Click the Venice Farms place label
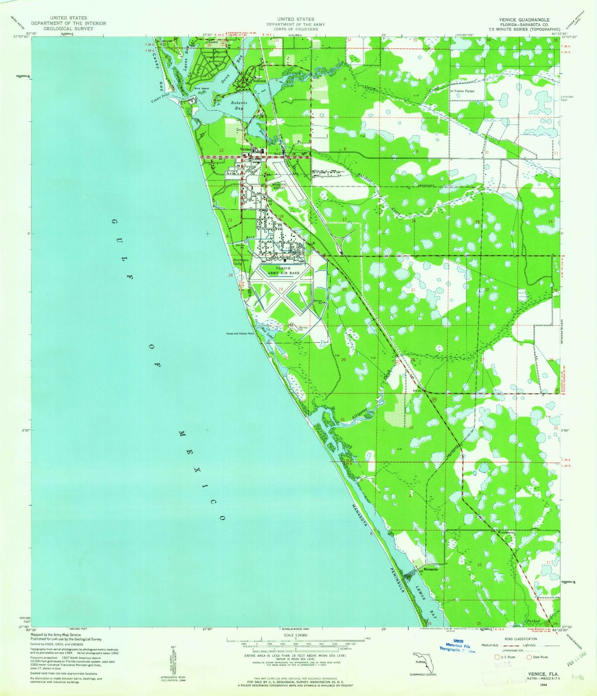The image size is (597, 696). click(464, 91)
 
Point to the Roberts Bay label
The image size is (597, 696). click(239, 105)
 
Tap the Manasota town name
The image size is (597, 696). click(431, 569)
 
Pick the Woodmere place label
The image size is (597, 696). click(505, 532)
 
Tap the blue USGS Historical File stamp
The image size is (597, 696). click(457, 647)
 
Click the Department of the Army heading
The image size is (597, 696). click(296, 24)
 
